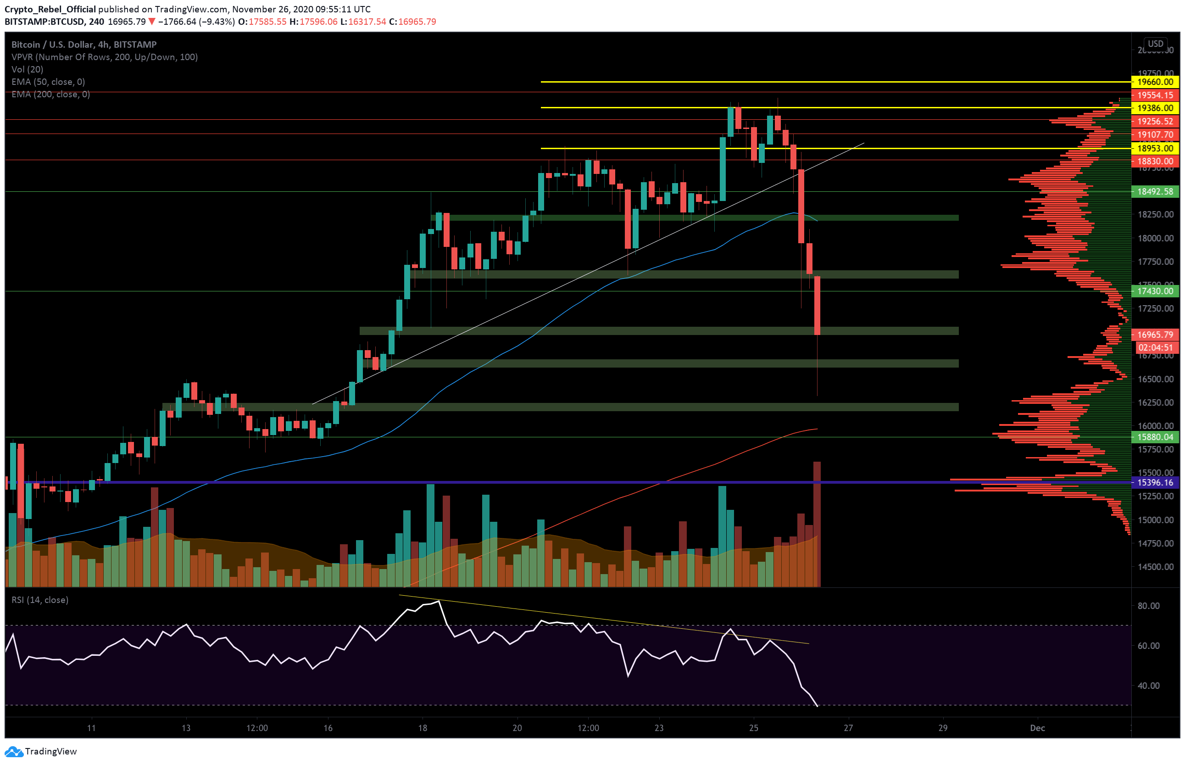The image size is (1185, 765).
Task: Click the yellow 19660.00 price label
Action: (1155, 82)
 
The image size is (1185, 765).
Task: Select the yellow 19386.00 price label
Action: (1155, 108)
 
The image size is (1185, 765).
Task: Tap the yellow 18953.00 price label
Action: (1155, 149)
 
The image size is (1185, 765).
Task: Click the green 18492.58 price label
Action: (1155, 191)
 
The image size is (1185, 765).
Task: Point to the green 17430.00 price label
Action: (1155, 291)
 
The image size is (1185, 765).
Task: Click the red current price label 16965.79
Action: (1155, 335)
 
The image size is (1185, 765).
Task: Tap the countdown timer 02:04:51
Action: (1155, 348)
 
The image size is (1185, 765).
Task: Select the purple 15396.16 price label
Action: (1155, 482)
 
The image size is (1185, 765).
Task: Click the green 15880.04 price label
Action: (1155, 437)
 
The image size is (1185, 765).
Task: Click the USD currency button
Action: (1155, 44)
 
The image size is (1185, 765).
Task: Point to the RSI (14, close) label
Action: (40, 600)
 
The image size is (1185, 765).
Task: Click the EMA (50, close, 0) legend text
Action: (48, 82)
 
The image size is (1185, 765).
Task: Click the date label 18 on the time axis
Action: (422, 728)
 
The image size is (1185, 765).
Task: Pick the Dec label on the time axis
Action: (1037, 728)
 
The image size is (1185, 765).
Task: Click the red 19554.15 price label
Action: (1155, 95)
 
